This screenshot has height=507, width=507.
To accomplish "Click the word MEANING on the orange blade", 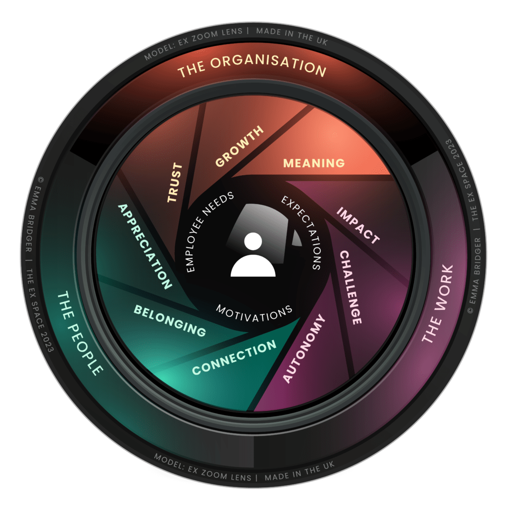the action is (x=313, y=163).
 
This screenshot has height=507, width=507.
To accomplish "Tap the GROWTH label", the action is (x=240, y=146).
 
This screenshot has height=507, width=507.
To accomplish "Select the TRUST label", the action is (x=175, y=183).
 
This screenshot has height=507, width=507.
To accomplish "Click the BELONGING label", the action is (x=170, y=320).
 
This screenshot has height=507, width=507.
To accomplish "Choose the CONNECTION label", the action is (x=234, y=357).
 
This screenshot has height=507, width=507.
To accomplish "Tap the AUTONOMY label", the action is (x=304, y=349).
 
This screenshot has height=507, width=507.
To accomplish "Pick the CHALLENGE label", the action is (x=351, y=287).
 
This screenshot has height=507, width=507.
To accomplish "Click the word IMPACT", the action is (x=358, y=225).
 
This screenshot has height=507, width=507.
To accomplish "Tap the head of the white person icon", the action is (x=253, y=241).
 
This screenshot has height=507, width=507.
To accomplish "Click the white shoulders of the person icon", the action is (x=253, y=266).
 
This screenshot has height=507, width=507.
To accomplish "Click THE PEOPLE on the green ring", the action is (x=80, y=333).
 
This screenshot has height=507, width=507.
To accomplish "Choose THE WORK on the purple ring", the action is (x=438, y=304).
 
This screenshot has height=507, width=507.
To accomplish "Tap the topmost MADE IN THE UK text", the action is (x=292, y=36).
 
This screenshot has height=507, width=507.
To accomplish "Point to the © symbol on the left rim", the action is (x=41, y=179).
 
